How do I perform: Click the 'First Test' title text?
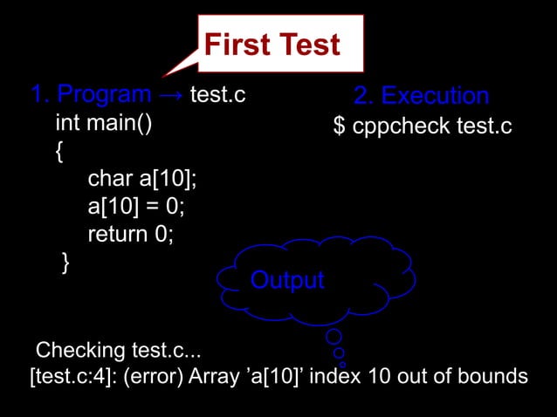click(272, 44)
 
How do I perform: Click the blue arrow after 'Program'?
click(171, 94)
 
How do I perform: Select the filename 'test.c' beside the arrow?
click(217, 94)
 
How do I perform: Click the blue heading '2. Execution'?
click(421, 95)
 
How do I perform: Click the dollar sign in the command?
click(340, 126)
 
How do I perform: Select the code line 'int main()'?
click(104, 123)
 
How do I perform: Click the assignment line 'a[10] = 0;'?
click(136, 207)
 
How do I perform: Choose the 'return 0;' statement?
click(131, 235)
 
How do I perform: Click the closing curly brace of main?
click(65, 263)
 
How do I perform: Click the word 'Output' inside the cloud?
click(287, 280)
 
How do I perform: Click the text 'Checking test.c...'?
click(118, 351)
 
